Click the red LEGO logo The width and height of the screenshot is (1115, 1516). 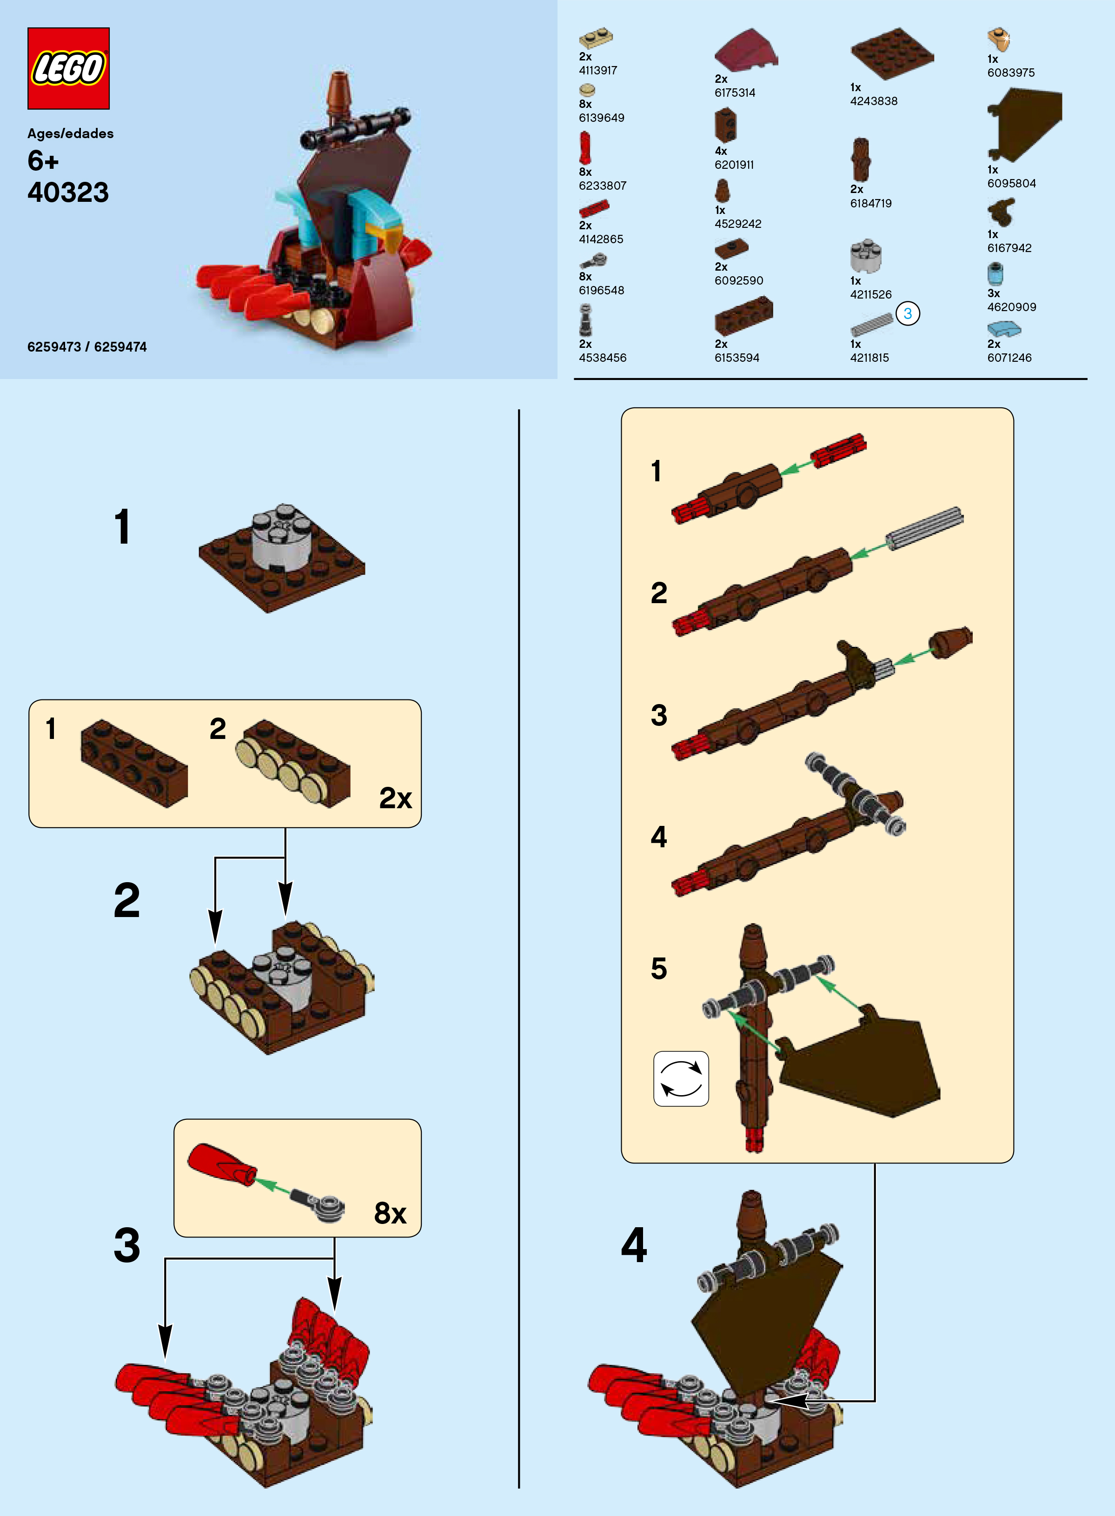click(68, 68)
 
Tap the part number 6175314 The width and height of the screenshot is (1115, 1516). click(735, 93)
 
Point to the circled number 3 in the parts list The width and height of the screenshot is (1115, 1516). click(908, 313)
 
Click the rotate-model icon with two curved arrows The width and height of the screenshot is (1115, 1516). click(681, 1078)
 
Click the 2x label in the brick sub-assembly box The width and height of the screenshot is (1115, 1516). click(396, 798)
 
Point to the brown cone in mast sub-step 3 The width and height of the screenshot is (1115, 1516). click(950, 643)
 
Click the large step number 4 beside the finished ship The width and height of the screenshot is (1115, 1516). click(634, 1245)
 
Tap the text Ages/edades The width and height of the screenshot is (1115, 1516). click(70, 133)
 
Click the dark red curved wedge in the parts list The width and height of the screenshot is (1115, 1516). click(746, 50)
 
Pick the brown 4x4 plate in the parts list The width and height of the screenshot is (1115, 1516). click(892, 54)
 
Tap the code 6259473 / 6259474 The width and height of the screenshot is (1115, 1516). click(87, 347)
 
